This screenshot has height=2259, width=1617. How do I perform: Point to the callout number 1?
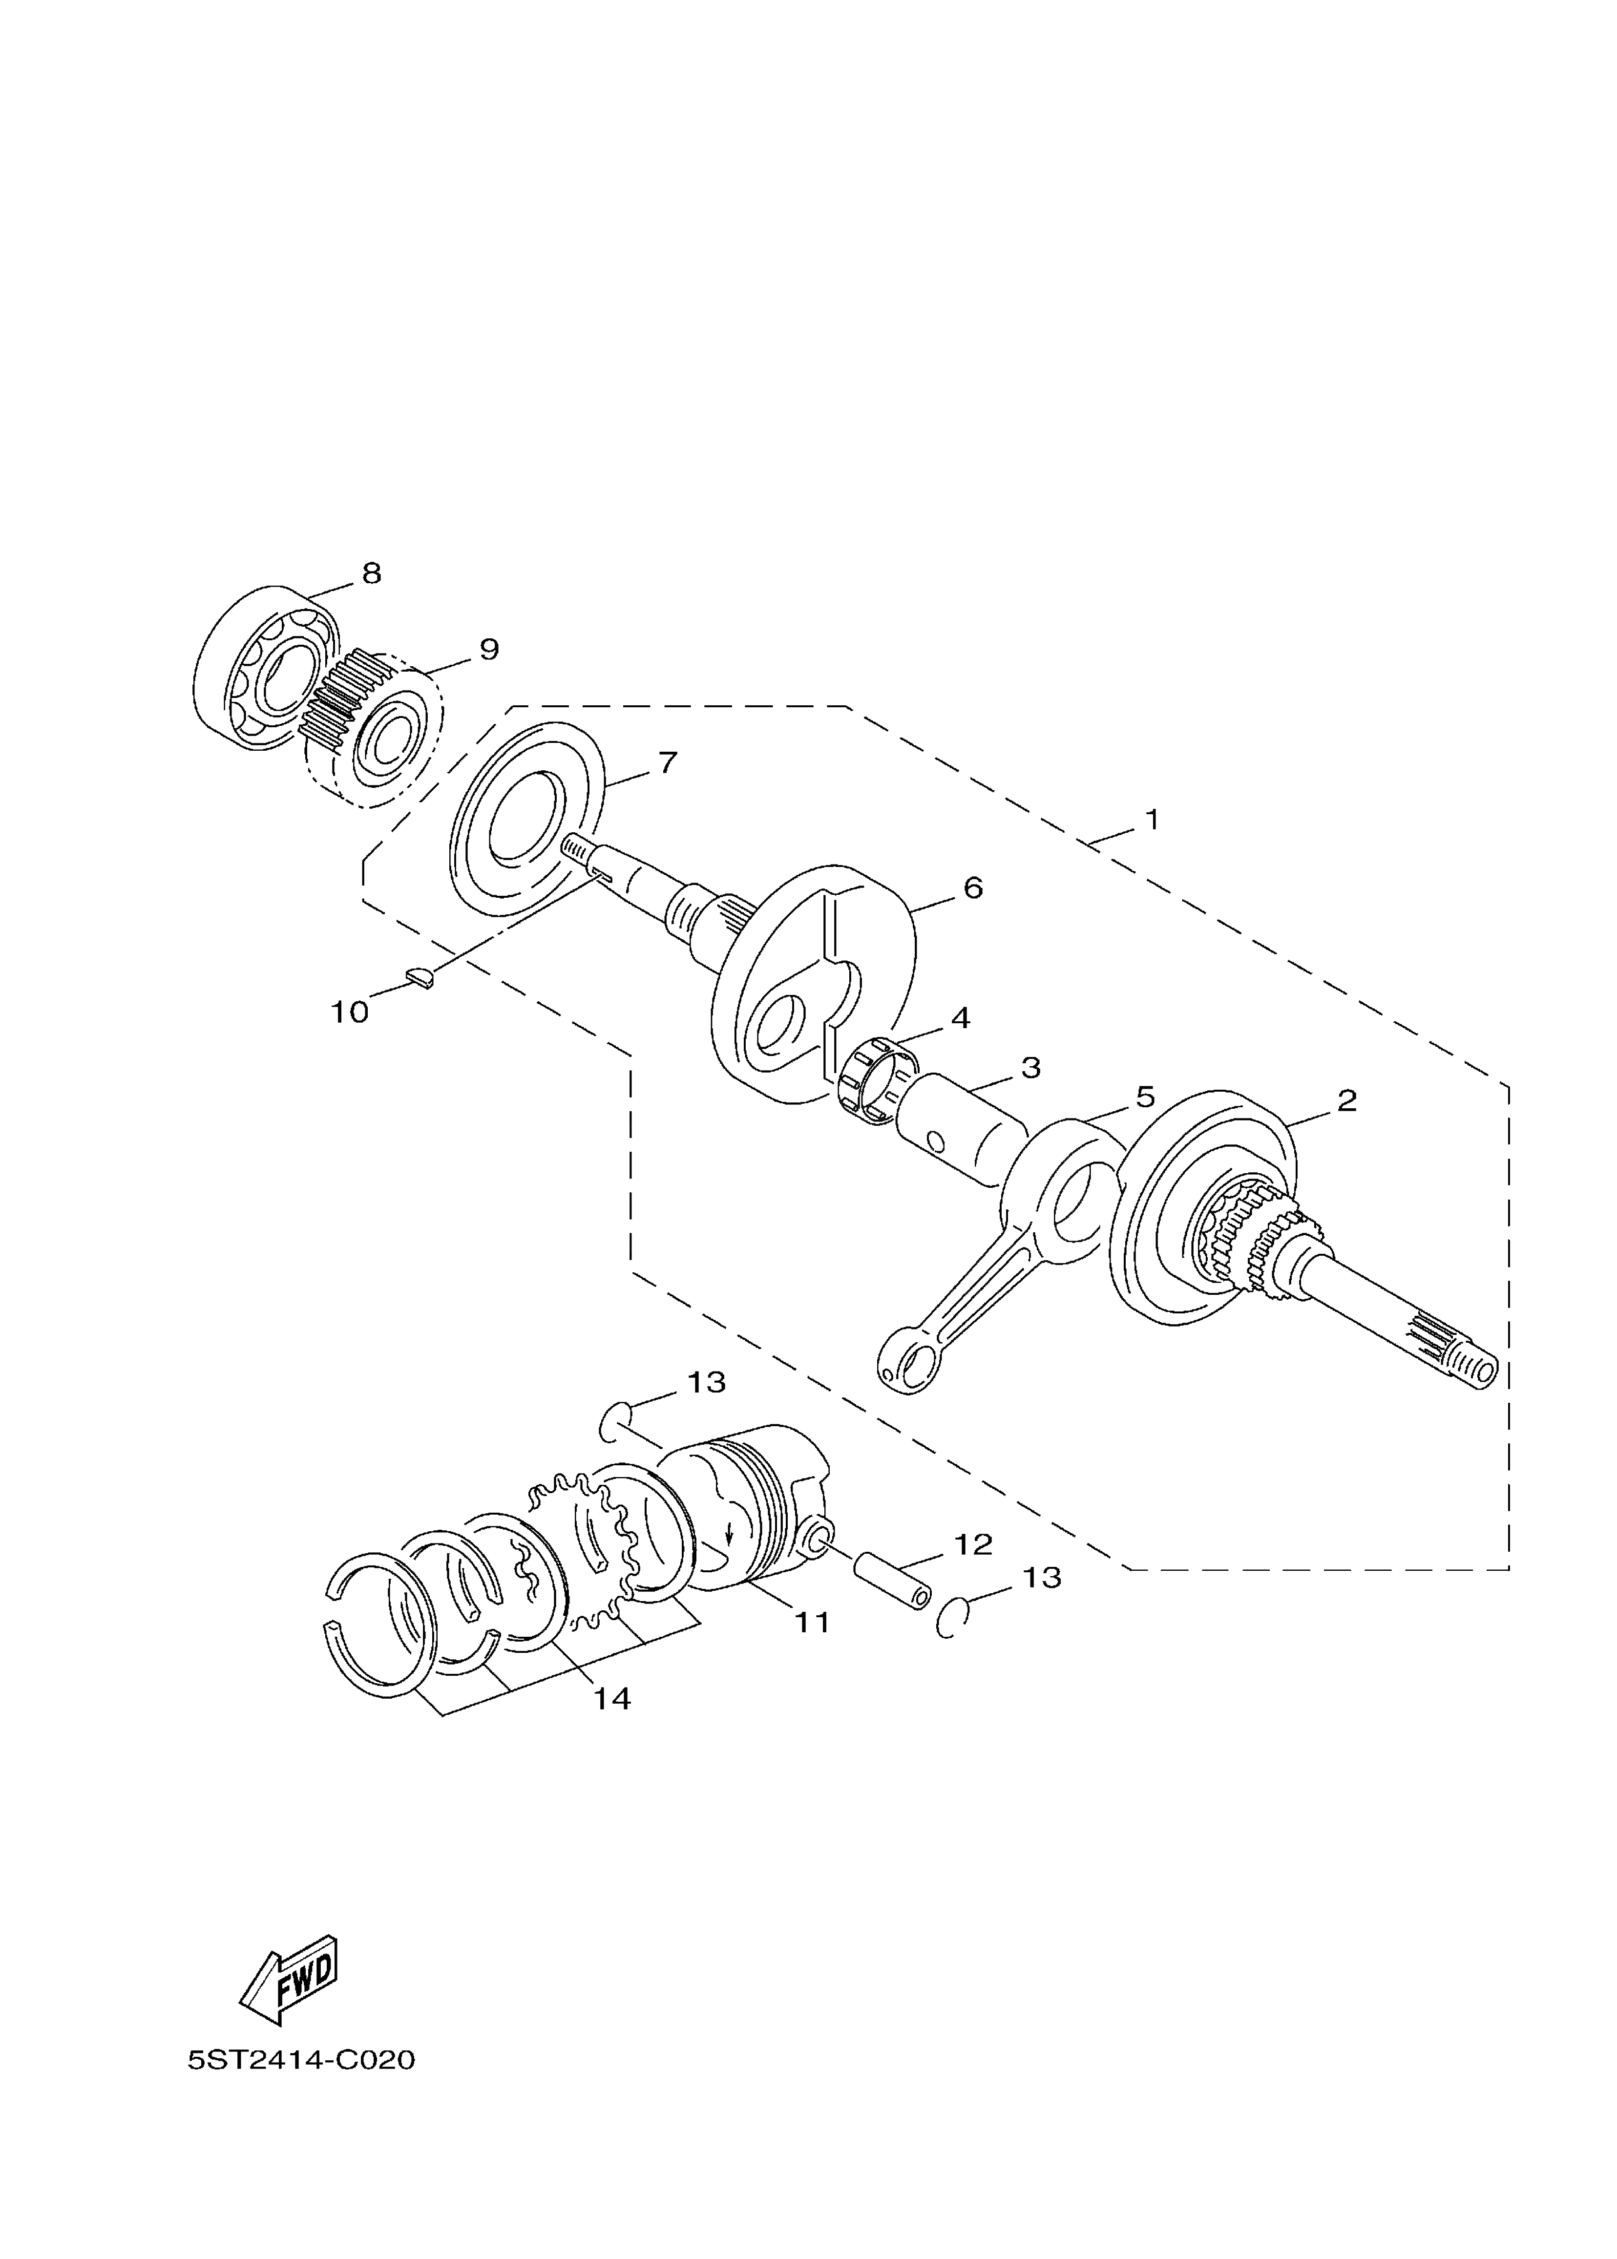click(1152, 821)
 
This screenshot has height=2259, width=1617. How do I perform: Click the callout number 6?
click(973, 888)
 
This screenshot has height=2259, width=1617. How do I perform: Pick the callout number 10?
click(350, 1013)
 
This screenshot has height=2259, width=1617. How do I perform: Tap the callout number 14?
click(612, 1698)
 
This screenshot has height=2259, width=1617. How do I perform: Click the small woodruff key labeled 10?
click(422, 978)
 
